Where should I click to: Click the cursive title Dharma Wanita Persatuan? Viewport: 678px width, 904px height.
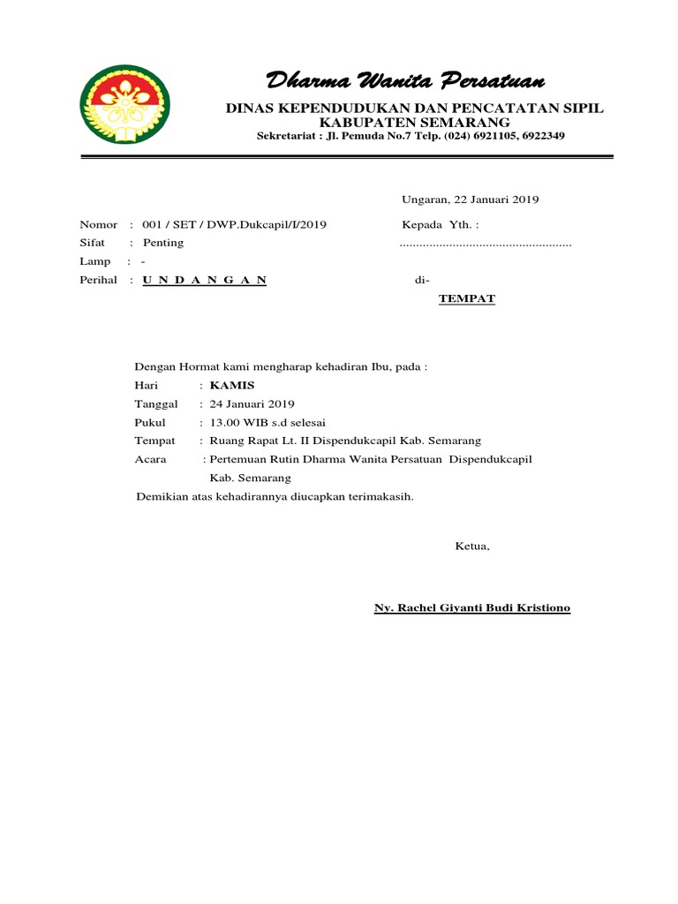(x=405, y=82)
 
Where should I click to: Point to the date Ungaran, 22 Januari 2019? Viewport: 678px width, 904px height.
(x=471, y=200)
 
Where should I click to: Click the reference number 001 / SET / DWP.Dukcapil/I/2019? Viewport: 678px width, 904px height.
(x=234, y=224)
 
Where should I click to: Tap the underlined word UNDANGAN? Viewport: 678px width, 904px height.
(x=203, y=280)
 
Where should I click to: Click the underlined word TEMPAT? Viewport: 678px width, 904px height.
(x=467, y=298)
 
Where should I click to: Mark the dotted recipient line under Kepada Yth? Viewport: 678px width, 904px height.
(x=485, y=243)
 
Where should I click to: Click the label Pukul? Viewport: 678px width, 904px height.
(x=149, y=422)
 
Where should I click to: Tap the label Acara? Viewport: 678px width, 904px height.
(x=150, y=459)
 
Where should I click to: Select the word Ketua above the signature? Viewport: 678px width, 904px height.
(x=471, y=546)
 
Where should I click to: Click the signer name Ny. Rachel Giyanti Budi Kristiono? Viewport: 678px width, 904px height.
(x=472, y=608)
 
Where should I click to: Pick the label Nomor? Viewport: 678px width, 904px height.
(x=98, y=224)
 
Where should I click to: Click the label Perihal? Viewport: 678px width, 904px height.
(x=98, y=280)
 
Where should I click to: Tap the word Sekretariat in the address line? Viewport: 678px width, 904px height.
(x=287, y=136)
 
